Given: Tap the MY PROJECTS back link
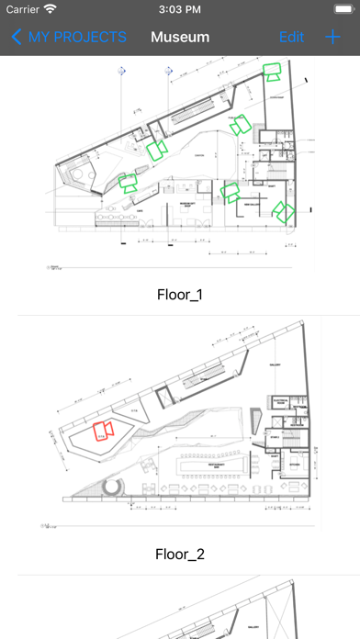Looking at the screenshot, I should click(x=78, y=37).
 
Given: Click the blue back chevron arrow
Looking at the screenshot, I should click(x=17, y=37).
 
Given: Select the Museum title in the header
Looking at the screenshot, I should click(x=180, y=37).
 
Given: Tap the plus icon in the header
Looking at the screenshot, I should click(x=332, y=37).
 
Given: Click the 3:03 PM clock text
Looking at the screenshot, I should click(x=180, y=9).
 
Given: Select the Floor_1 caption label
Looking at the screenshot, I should click(x=180, y=294).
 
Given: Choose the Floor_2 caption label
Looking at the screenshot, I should click(x=180, y=555).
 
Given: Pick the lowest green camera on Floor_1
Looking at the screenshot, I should click(x=286, y=212).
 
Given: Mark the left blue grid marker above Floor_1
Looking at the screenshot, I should click(x=118, y=70).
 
